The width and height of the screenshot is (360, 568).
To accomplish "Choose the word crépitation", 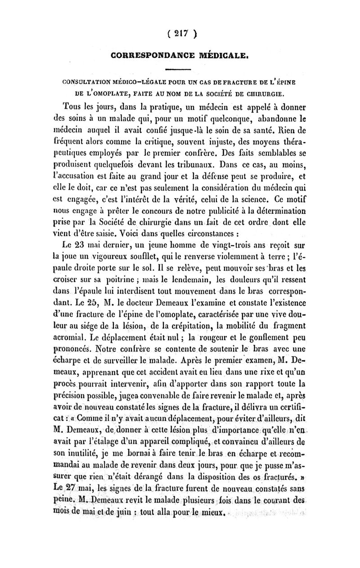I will (x=213, y=320).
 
